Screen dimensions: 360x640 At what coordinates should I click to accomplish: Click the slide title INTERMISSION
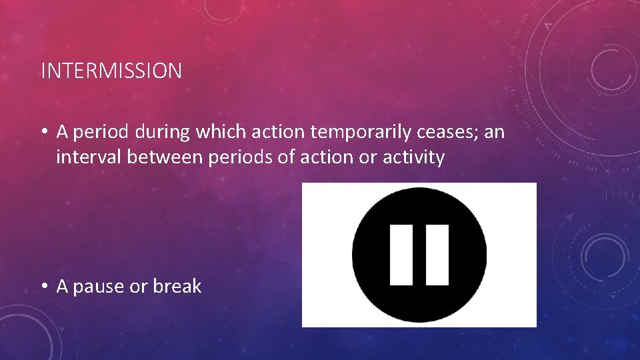pyautogui.click(x=111, y=71)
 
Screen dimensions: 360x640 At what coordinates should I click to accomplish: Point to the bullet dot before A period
pyautogui.click(x=43, y=133)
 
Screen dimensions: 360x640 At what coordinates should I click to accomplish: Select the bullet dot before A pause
pyautogui.click(x=43, y=287)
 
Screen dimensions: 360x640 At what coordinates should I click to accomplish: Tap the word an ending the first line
pyautogui.click(x=495, y=133)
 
